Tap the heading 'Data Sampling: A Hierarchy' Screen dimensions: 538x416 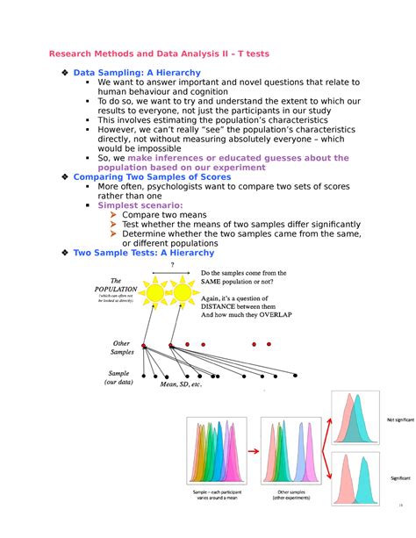point(137,72)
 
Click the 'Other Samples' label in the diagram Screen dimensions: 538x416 point(122,347)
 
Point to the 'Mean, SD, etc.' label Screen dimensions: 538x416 point(181,384)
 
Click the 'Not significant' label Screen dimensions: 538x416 point(398,420)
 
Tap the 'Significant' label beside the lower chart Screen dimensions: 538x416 point(400,478)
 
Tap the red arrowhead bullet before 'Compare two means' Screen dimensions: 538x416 point(113,214)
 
